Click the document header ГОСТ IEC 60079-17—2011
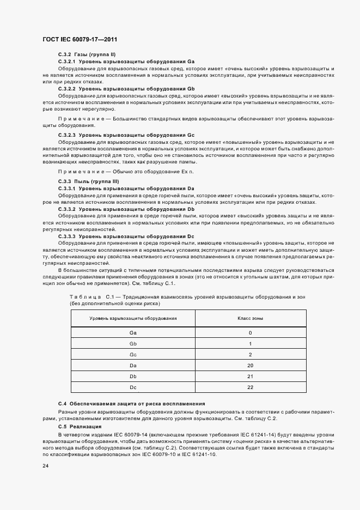pyautogui.click(x=80, y=40)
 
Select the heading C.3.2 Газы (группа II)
pyautogui.click(x=87, y=56)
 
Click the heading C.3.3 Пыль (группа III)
pyautogui.click(x=88, y=181)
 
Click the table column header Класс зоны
pyautogui.click(x=250, y=318)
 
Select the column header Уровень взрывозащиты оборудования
pyautogui.click(x=133, y=318)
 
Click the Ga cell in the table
pyautogui.click(x=133, y=332)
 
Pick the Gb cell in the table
pyautogui.click(x=133, y=344)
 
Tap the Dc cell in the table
pyautogui.click(x=133, y=387)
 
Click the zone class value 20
pyautogui.click(x=250, y=365)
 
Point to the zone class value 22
pyautogui.click(x=250, y=387)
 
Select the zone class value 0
pyautogui.click(x=250, y=332)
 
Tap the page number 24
pyautogui.click(x=45, y=466)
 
